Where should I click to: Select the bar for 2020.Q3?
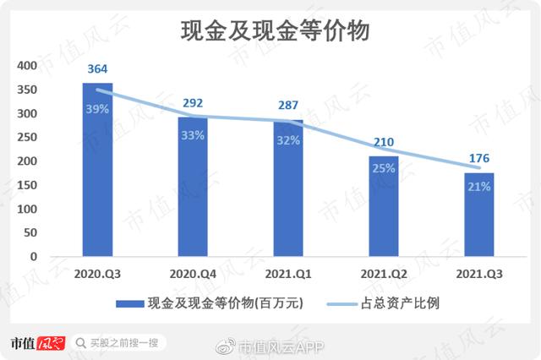pos(97,169)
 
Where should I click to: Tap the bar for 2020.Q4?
pos(193,186)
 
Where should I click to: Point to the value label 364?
pos(98,69)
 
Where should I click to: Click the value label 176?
pos(479,157)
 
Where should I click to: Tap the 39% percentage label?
pos(98,108)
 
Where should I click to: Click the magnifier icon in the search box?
pos(81,342)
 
